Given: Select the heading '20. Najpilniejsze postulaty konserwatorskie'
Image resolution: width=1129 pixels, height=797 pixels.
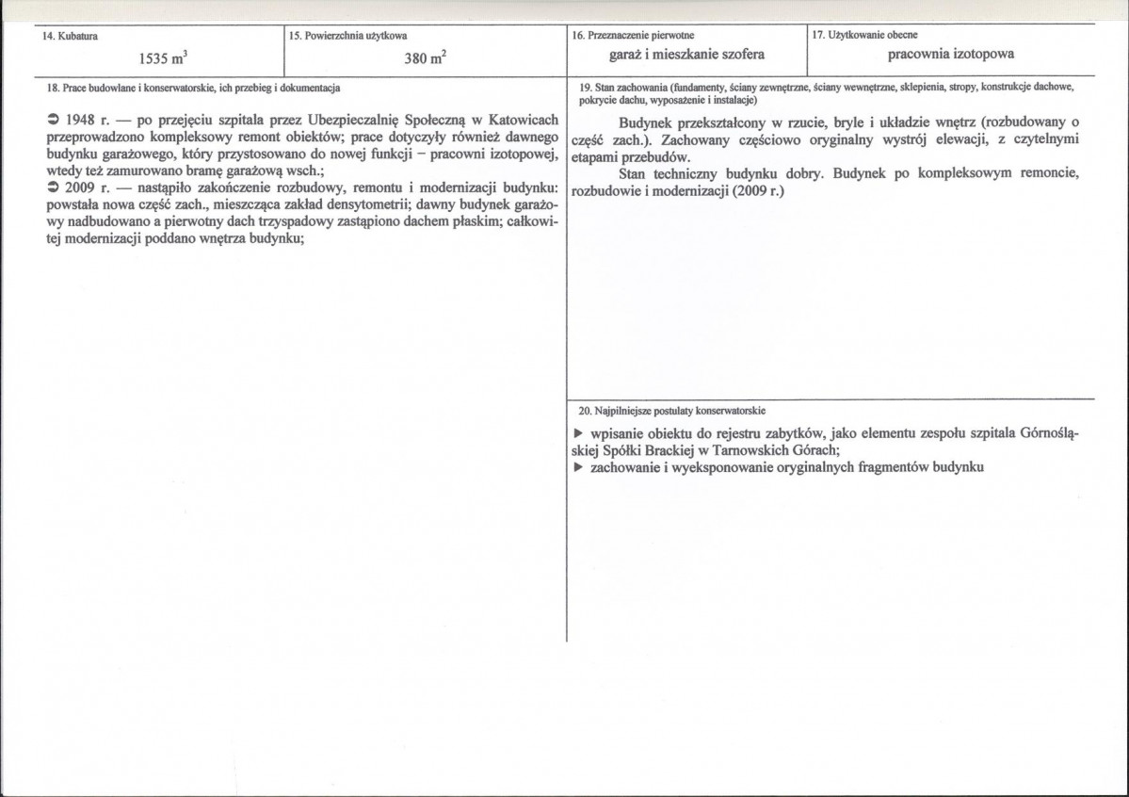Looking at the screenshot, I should click(672, 412).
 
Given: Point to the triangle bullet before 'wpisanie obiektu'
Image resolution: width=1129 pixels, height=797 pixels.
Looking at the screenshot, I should click(578, 433).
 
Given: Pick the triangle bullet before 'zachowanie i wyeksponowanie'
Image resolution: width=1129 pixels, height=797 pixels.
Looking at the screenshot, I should click(578, 467).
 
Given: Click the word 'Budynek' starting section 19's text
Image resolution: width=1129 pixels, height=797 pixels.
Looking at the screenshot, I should click(650, 122).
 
